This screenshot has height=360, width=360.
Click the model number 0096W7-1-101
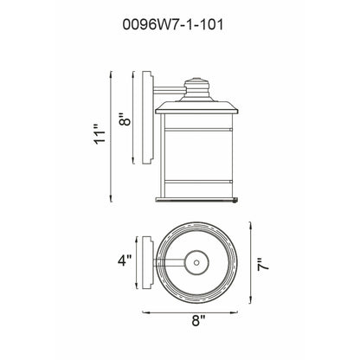click(179, 25)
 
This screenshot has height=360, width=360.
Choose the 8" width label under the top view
click(197, 321)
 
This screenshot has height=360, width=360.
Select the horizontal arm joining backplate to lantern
click(169, 89)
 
